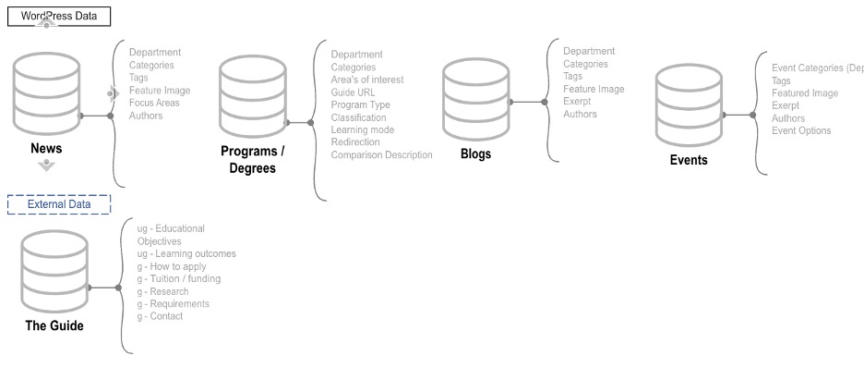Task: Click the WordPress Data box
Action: point(58,16)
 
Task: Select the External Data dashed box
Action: point(58,204)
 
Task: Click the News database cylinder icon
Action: point(47,92)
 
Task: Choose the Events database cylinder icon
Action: point(688,106)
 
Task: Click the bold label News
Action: point(46,149)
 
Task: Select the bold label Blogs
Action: point(475,154)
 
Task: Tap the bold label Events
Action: point(689,160)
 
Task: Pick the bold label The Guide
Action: point(54,325)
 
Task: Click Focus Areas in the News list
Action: point(154,103)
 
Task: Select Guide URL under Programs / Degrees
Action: point(353,92)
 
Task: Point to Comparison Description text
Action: point(381,154)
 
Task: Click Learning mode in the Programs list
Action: point(363,129)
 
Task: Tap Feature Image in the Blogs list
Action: point(594,89)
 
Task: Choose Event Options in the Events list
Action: point(801,130)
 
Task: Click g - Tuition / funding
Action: point(179,278)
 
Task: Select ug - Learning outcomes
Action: point(186,253)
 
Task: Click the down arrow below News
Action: point(47,166)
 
